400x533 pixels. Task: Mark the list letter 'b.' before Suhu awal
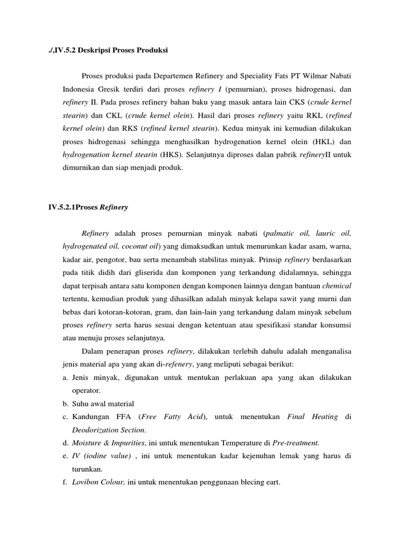point(66,403)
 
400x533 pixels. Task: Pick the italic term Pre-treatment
point(296,443)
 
